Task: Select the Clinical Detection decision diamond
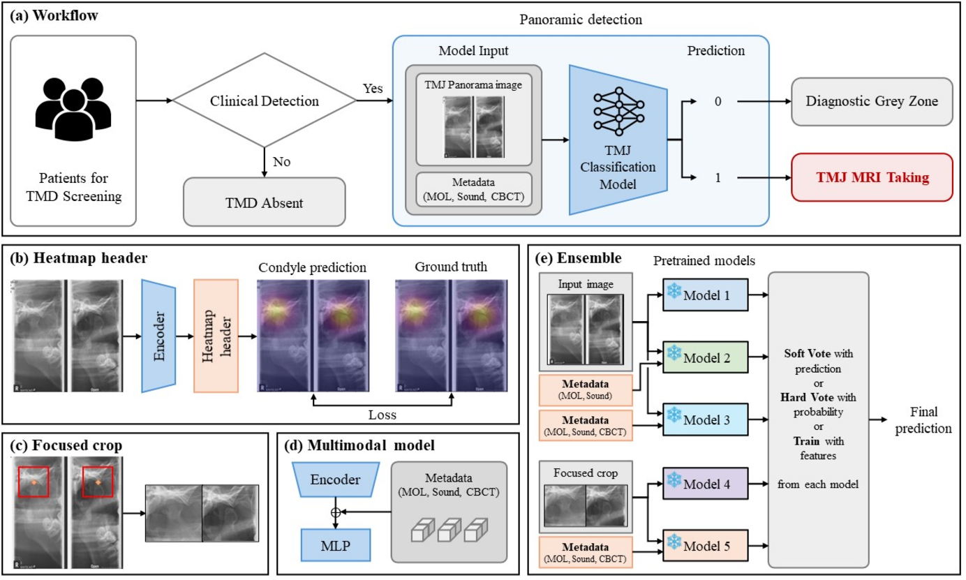pos(264,101)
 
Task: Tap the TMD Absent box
pos(264,202)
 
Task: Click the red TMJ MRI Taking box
pos(872,178)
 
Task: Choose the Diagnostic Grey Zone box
pos(872,101)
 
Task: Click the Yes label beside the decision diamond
pos(373,89)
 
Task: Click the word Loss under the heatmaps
pos(382,415)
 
